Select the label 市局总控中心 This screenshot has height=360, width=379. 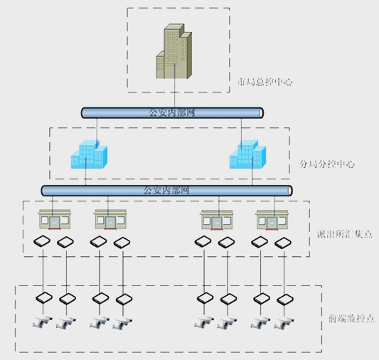click(x=265, y=83)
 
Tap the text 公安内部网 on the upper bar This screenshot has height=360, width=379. click(x=171, y=112)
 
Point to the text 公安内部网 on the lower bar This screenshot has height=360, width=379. click(x=166, y=191)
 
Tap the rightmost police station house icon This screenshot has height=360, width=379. click(x=273, y=220)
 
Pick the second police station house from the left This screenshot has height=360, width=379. click(x=110, y=220)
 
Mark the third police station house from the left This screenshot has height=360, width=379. click(x=215, y=220)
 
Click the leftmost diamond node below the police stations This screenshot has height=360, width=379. click(x=44, y=241)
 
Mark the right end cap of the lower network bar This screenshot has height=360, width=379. click(x=289, y=191)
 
